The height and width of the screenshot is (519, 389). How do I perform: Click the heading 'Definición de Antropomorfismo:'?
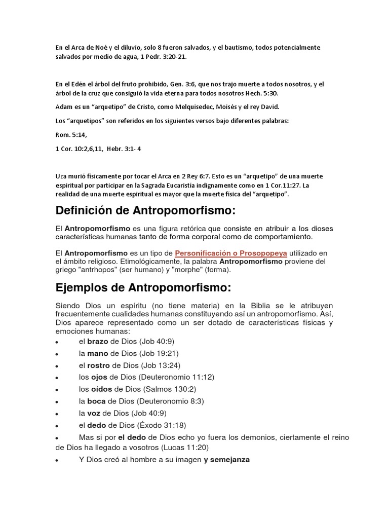146,210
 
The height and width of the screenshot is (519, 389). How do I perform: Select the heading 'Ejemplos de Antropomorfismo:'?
143,288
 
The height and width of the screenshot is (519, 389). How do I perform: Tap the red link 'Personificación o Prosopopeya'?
231,252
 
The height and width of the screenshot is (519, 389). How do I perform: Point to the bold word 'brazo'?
98,341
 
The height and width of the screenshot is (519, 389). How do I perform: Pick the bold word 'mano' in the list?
98,353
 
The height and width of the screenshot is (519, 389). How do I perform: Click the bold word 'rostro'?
99,365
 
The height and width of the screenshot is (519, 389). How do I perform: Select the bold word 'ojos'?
99,377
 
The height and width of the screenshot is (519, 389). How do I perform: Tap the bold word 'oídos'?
101,389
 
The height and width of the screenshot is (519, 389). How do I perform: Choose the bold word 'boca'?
97,401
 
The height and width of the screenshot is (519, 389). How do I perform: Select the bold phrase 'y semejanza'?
227,460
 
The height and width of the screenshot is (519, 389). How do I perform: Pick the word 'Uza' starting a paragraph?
61,176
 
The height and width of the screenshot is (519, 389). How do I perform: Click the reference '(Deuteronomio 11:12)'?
173,377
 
